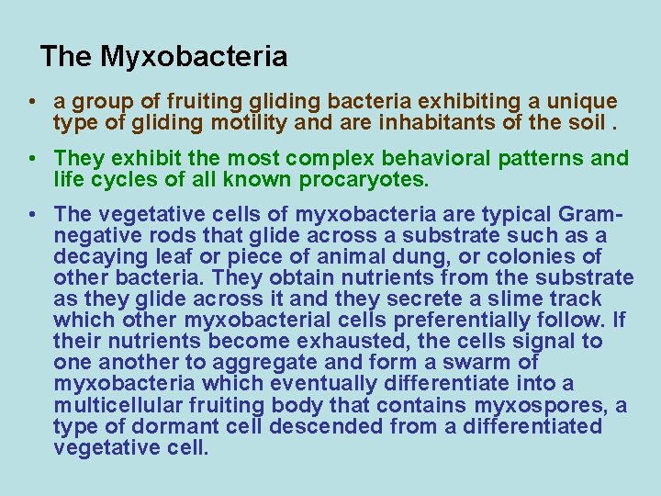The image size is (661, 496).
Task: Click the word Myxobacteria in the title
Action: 194,58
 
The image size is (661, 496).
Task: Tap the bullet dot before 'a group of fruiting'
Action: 31,101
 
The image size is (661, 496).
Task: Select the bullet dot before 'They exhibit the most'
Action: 31,158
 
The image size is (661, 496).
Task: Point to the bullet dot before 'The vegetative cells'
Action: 31,214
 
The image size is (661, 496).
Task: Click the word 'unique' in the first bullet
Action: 581,101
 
